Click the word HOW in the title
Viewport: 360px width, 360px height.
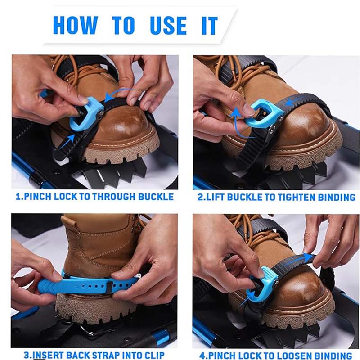point(76,25)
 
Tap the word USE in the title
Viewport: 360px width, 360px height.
point(168,25)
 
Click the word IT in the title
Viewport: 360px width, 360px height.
point(209,25)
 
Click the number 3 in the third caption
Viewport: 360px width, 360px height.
point(27,355)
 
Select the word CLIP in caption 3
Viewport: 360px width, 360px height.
point(154,355)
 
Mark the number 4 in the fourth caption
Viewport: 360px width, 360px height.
point(202,355)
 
